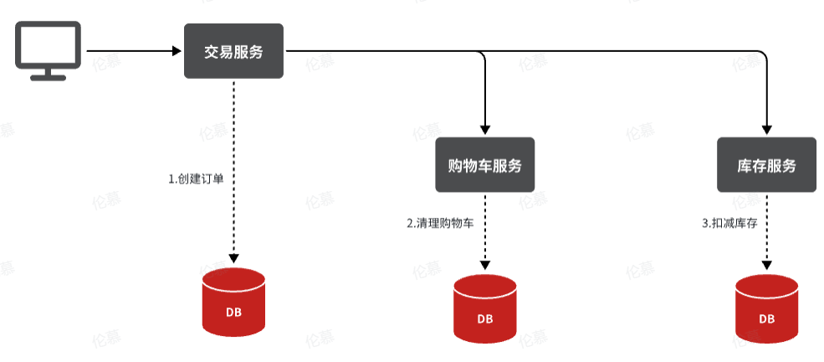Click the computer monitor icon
48,49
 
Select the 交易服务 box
234,51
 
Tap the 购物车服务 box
485,165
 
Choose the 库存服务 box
766,165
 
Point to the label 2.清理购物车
446,224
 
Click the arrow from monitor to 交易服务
134,51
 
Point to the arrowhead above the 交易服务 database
234,258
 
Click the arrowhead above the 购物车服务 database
485,265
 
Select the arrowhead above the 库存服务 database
766,265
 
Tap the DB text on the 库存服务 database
766,319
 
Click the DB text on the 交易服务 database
234,313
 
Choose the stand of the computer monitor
48,74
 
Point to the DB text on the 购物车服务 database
485,319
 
